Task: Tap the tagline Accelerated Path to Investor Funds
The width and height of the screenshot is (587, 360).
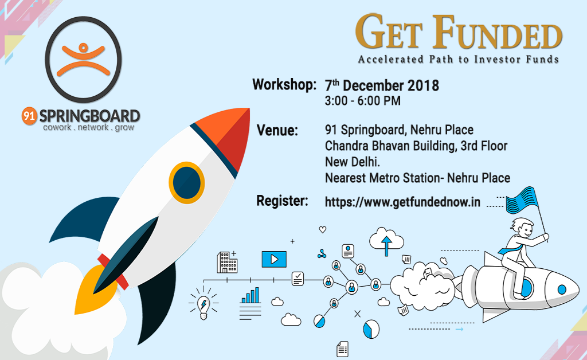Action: pos(458,59)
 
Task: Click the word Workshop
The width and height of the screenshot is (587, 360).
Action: pos(284,85)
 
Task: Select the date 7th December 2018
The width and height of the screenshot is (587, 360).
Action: pos(382,86)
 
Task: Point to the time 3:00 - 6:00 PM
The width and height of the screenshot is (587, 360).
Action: pos(362,101)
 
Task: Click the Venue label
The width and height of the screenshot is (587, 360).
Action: pos(277,131)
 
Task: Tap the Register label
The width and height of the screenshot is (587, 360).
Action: pos(282,201)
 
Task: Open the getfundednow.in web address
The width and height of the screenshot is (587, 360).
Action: pos(402,202)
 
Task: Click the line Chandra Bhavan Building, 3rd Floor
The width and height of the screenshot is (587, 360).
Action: pos(416,146)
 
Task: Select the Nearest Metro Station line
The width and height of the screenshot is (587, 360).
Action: pos(417,178)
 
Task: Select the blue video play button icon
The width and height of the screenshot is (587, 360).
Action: pos(273,259)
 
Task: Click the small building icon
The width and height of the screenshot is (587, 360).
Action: pos(226,262)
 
